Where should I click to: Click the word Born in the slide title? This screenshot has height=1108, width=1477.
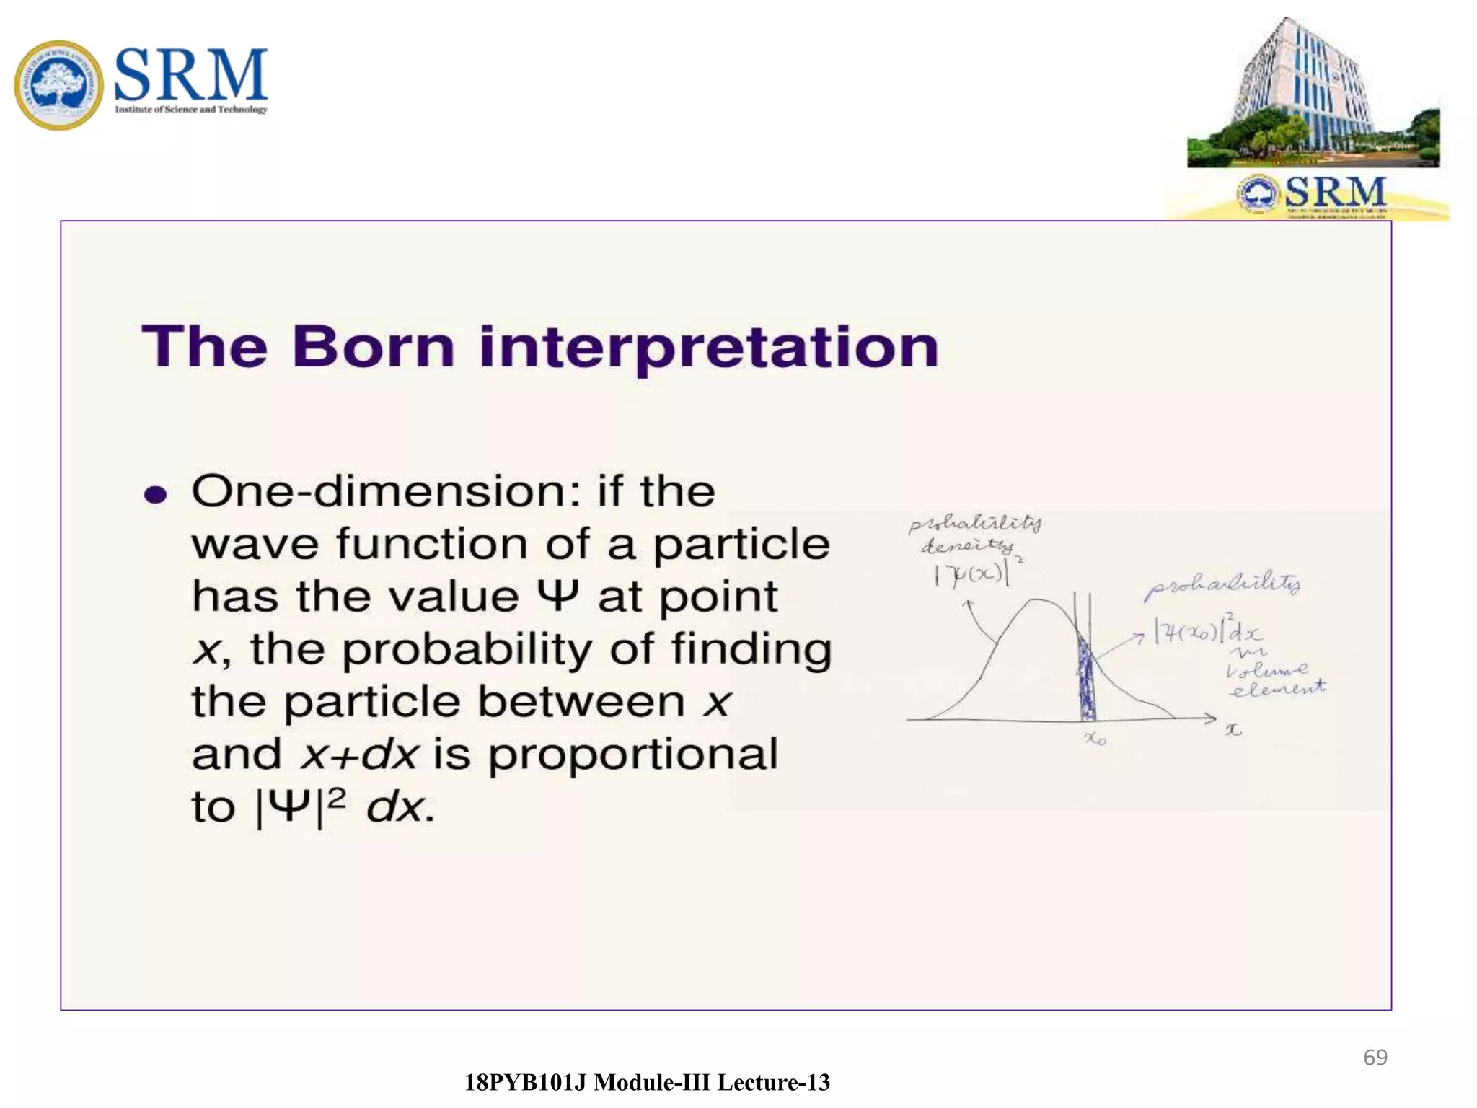[x=373, y=347]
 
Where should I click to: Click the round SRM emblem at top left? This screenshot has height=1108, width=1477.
[x=58, y=85]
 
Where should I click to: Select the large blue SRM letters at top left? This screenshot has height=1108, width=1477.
[x=190, y=74]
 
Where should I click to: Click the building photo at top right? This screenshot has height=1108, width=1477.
[x=1313, y=94]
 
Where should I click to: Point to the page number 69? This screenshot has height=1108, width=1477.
[x=1375, y=1057]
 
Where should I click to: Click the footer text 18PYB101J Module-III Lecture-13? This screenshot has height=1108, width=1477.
[x=647, y=1082]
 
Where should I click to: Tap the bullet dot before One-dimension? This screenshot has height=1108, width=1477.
[x=155, y=495]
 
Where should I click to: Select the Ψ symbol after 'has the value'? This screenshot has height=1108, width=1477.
[x=557, y=596]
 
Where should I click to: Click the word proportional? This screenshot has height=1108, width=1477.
[x=632, y=755]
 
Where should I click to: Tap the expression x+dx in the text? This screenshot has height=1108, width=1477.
[x=359, y=755]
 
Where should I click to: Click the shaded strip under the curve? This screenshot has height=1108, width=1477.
[x=1085, y=682]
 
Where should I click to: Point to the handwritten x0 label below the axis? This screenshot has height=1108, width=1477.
[x=1095, y=739]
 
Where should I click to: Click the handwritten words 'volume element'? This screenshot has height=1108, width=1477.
[x=1275, y=680]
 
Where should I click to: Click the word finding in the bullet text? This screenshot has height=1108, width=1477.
[x=751, y=648]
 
